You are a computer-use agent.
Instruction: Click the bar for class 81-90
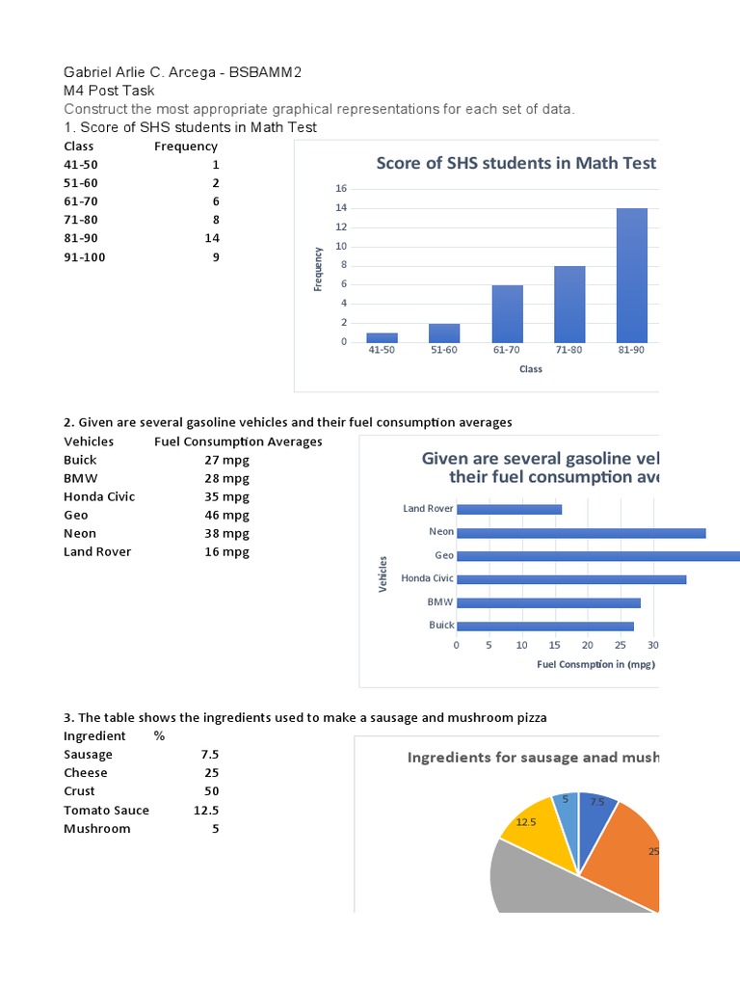coord(631,275)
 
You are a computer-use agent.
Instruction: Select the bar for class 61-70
coord(507,313)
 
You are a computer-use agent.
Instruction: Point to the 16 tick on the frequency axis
coord(341,188)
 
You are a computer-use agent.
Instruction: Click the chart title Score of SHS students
coord(515,163)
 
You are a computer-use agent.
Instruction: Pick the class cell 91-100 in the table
coord(85,256)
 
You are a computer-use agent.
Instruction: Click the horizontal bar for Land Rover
coord(509,509)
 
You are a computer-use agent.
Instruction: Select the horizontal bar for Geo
coord(597,555)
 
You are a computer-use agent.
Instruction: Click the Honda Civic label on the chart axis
coord(427,578)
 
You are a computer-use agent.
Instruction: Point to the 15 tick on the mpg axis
coord(554,645)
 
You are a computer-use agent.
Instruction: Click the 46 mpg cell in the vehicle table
coord(226,515)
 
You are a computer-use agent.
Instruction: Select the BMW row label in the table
coord(80,478)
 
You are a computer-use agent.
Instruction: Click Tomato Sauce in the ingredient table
coord(106,810)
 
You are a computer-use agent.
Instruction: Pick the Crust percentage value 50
coord(211,791)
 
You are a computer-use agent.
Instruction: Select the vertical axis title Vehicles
coord(383,574)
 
